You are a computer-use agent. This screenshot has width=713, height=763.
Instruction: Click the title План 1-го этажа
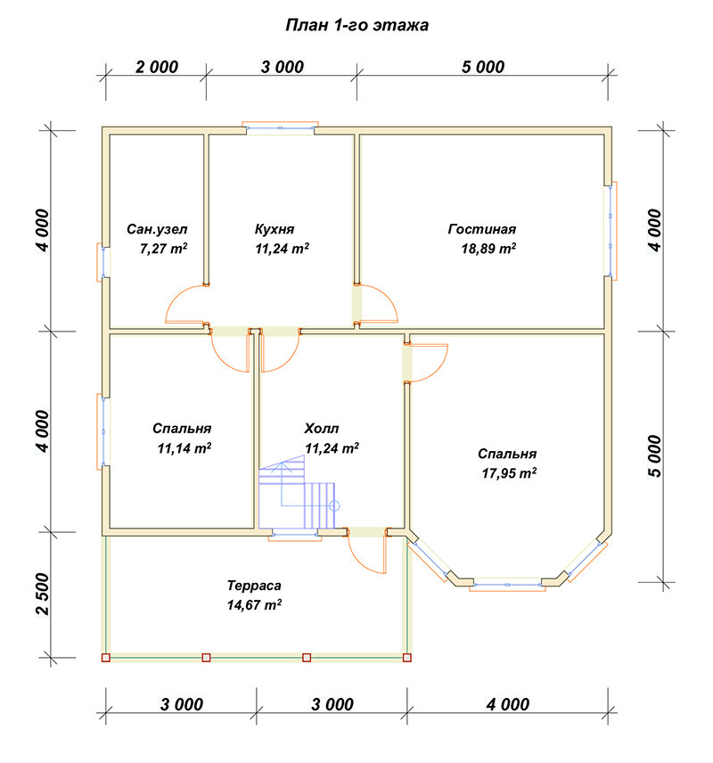click(356, 25)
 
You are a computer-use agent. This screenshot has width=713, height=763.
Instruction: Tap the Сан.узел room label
click(157, 229)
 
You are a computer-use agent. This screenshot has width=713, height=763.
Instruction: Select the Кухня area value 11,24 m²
click(282, 249)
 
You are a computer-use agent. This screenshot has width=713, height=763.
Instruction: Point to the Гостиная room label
click(482, 229)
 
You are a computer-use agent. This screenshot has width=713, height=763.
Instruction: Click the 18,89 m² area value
click(488, 249)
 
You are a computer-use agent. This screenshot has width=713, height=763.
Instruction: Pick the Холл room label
click(321, 428)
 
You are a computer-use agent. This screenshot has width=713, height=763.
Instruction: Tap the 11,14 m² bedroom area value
click(184, 448)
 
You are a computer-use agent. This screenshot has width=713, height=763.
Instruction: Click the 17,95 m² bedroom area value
click(509, 473)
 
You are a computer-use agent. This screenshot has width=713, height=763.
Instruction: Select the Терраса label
click(254, 586)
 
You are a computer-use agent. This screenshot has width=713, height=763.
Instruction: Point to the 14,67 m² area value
click(254, 605)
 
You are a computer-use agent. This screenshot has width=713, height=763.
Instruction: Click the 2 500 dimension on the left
click(43, 594)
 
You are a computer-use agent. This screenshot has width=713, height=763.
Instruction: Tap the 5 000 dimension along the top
click(483, 67)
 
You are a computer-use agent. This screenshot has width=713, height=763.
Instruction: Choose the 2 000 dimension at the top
click(157, 67)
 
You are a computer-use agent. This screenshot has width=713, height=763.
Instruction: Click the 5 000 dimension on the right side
click(655, 456)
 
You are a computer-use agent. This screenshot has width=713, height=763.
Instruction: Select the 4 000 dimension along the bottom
click(508, 704)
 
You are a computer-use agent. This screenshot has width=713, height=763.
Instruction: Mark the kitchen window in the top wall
click(281, 127)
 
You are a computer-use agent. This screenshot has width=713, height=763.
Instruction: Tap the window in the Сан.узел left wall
click(102, 262)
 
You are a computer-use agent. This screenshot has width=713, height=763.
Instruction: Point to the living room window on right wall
click(611, 230)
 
